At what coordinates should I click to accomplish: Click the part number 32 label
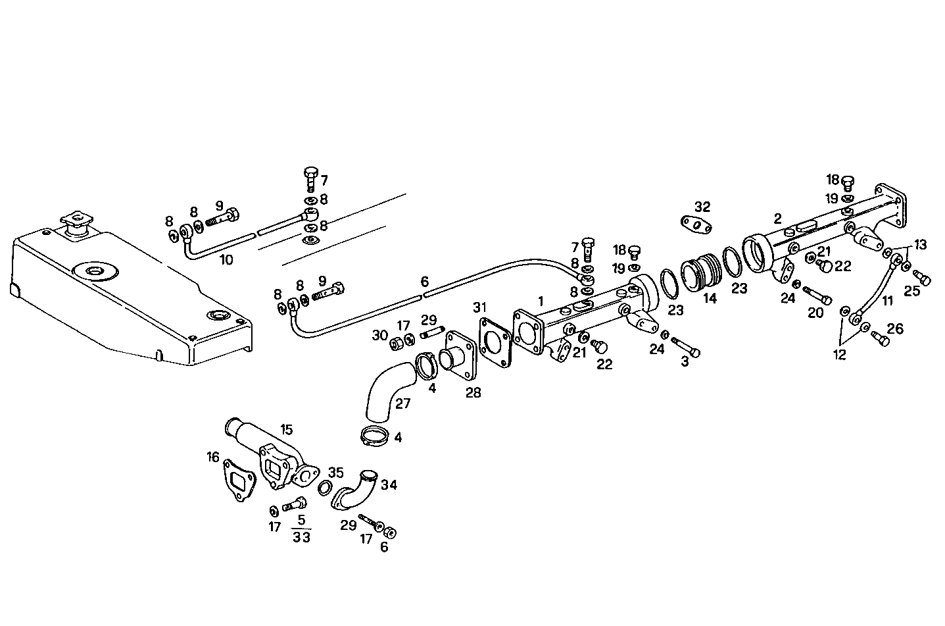[x=702, y=206]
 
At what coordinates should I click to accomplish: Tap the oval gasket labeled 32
[x=696, y=226]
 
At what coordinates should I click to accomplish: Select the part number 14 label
[x=710, y=298]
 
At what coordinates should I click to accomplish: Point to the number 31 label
[x=480, y=307]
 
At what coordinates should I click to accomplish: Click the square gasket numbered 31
[x=496, y=341]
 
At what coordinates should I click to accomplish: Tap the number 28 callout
[x=473, y=393]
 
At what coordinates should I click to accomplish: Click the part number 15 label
[x=286, y=429]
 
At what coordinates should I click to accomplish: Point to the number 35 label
[x=335, y=472]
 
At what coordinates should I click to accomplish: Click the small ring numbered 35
[x=324, y=488]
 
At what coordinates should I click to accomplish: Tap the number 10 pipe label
[x=226, y=259]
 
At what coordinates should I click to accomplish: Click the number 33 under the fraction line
[x=302, y=537]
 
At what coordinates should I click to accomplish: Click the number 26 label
[x=895, y=328]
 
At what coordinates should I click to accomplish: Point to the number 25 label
[x=911, y=290]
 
